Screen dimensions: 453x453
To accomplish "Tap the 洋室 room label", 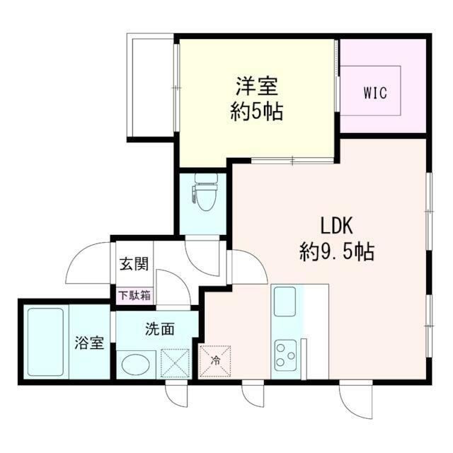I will pos(256,87).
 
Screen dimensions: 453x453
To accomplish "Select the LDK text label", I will pos(337,226).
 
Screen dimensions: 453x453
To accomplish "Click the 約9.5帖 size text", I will pos(337,251).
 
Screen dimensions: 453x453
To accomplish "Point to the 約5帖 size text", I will pos(256,112).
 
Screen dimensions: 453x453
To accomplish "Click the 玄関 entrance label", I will pos(134,265).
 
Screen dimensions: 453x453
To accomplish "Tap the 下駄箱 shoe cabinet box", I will pos(134,295).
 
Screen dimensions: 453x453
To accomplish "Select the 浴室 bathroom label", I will pos(90,343).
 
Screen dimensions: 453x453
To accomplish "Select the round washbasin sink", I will pos(135,365).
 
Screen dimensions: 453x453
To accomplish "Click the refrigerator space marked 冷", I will pos(217,360).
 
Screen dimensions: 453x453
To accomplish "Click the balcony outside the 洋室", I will pos(150,86).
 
